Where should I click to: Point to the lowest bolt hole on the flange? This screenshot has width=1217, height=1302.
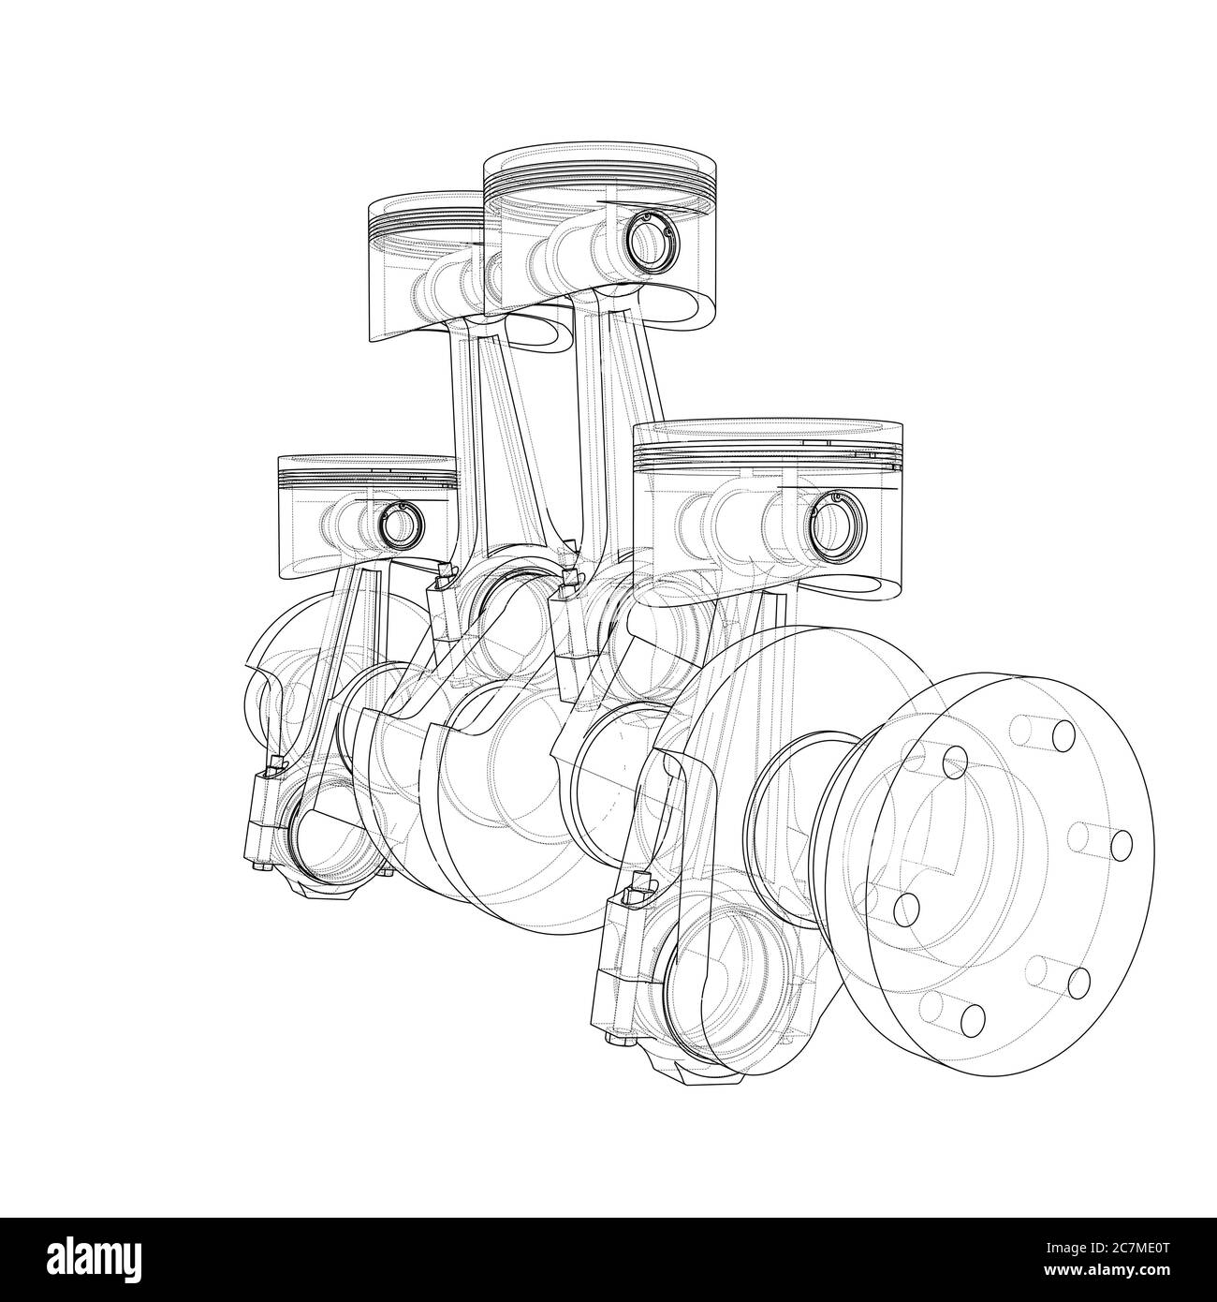click(x=973, y=1017)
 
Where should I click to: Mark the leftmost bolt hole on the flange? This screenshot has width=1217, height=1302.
click(x=905, y=908)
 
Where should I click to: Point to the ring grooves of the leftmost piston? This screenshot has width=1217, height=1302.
click(x=365, y=479)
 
